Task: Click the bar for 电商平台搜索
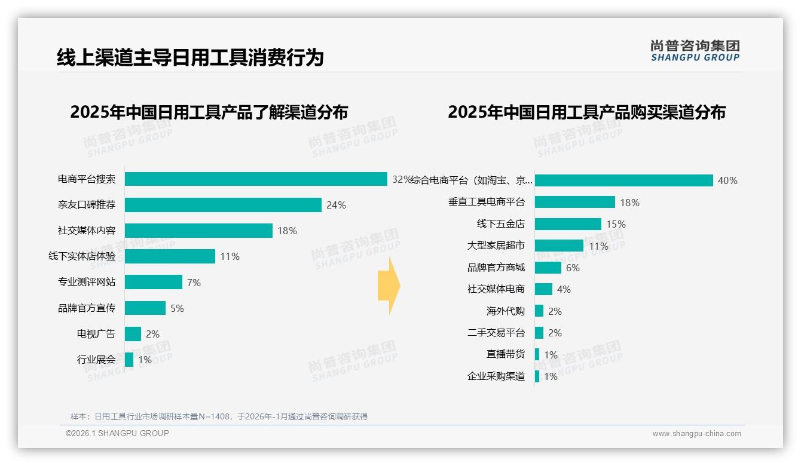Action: tap(256, 179)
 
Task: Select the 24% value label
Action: tap(336, 205)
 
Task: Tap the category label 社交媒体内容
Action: tap(87, 231)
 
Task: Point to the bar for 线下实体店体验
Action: tap(170, 256)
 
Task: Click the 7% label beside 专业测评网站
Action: tap(194, 283)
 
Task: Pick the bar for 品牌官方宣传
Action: tap(145, 308)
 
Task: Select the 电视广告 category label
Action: tap(96, 334)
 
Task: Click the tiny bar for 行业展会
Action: tap(129, 360)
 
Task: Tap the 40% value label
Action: tap(727, 180)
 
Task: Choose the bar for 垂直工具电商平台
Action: tap(574, 202)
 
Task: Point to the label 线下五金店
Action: tap(501, 224)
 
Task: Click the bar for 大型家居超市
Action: tap(559, 246)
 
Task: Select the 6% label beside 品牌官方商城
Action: tap(573, 268)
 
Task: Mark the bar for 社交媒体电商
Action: tap(543, 289)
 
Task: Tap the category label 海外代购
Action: tap(506, 311)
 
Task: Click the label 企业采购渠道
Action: tap(496, 376)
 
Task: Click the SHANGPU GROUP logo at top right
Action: tap(695, 51)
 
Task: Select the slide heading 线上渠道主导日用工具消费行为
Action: tap(190, 57)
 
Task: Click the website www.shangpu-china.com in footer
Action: tap(696, 434)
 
